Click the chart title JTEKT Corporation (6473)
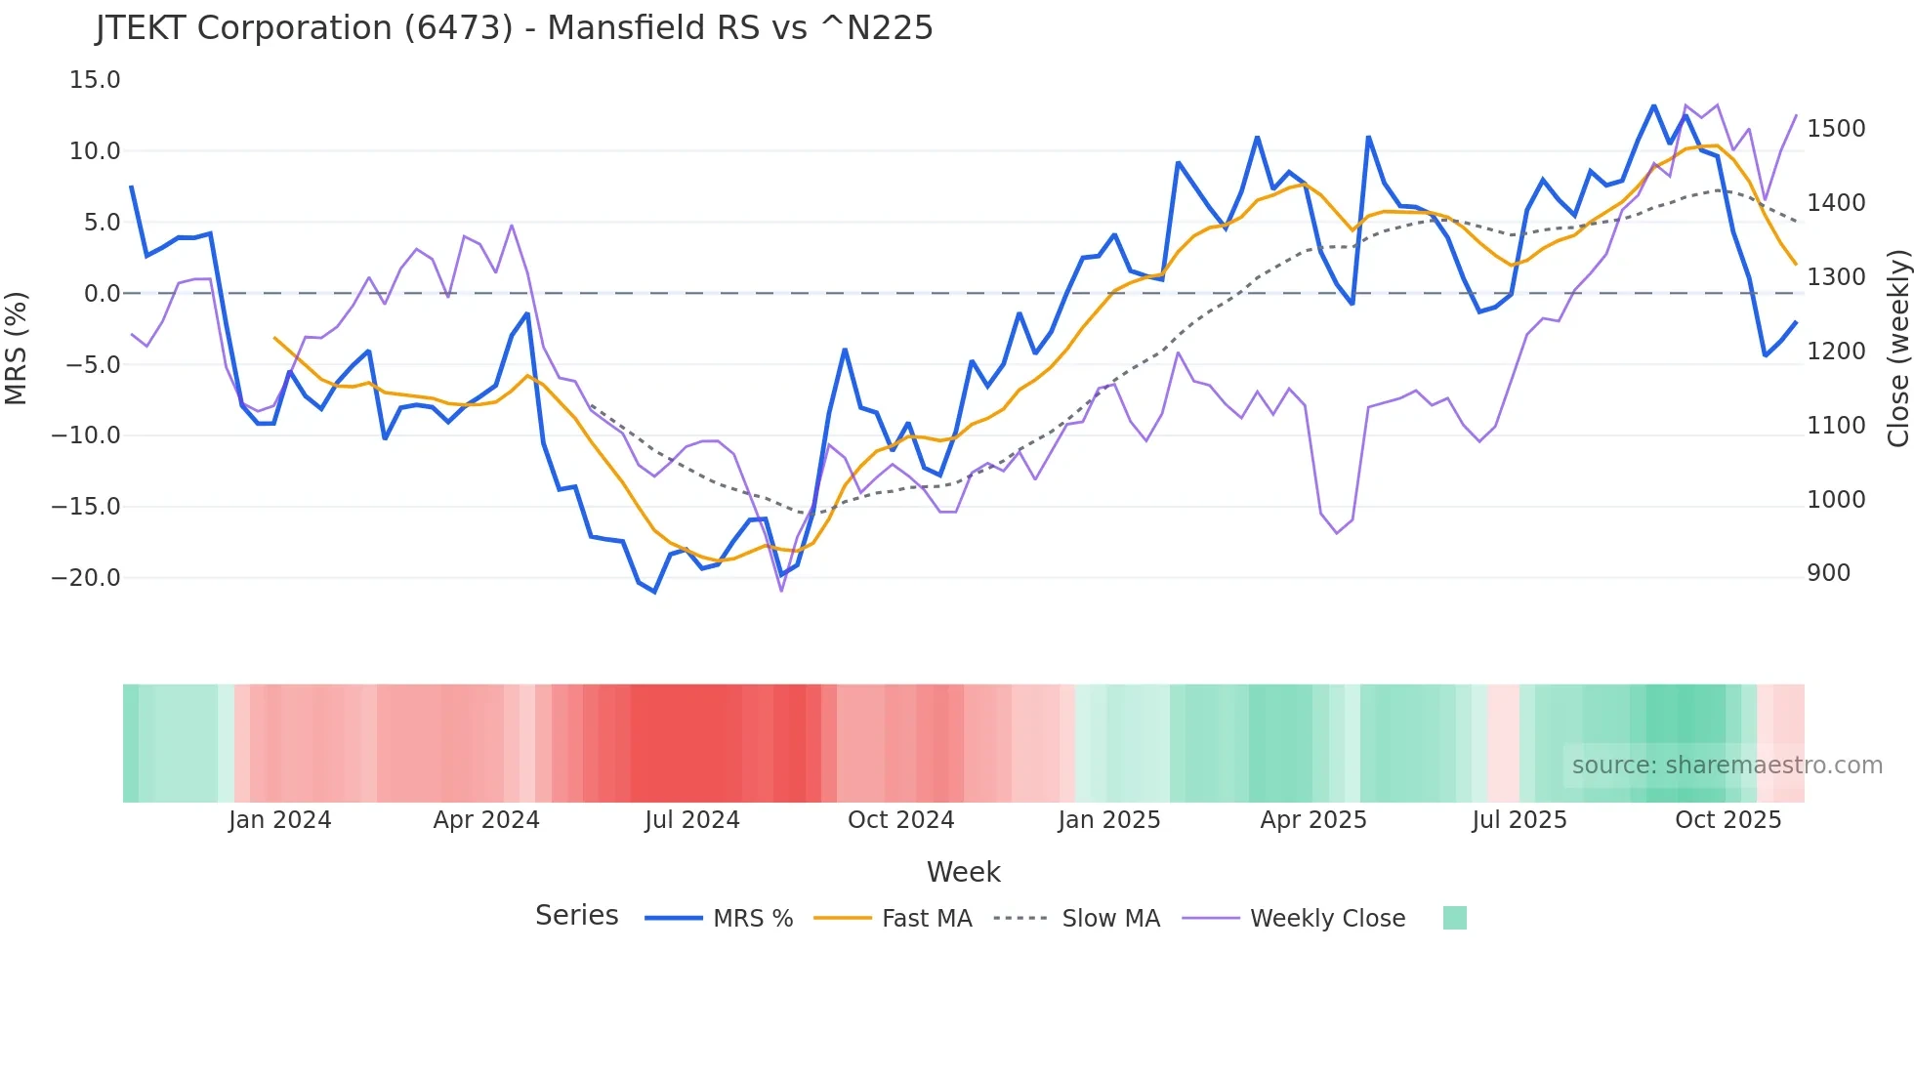[x=515, y=28]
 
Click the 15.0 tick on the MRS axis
[x=95, y=80]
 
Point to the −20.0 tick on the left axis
[x=86, y=577]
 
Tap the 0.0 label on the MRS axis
[x=102, y=293]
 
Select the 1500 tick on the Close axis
[x=1836, y=129]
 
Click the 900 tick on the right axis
[x=1828, y=573]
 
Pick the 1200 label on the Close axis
[x=1836, y=352]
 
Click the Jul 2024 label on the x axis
[x=691, y=820]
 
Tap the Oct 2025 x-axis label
[x=1727, y=820]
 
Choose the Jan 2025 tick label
[x=1108, y=820]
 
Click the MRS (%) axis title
[x=17, y=348]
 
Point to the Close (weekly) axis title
[x=1897, y=348]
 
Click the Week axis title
[x=963, y=872]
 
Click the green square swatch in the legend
[x=1454, y=918]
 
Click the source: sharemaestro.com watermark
[x=1727, y=766]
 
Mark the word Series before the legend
[x=576, y=916]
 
